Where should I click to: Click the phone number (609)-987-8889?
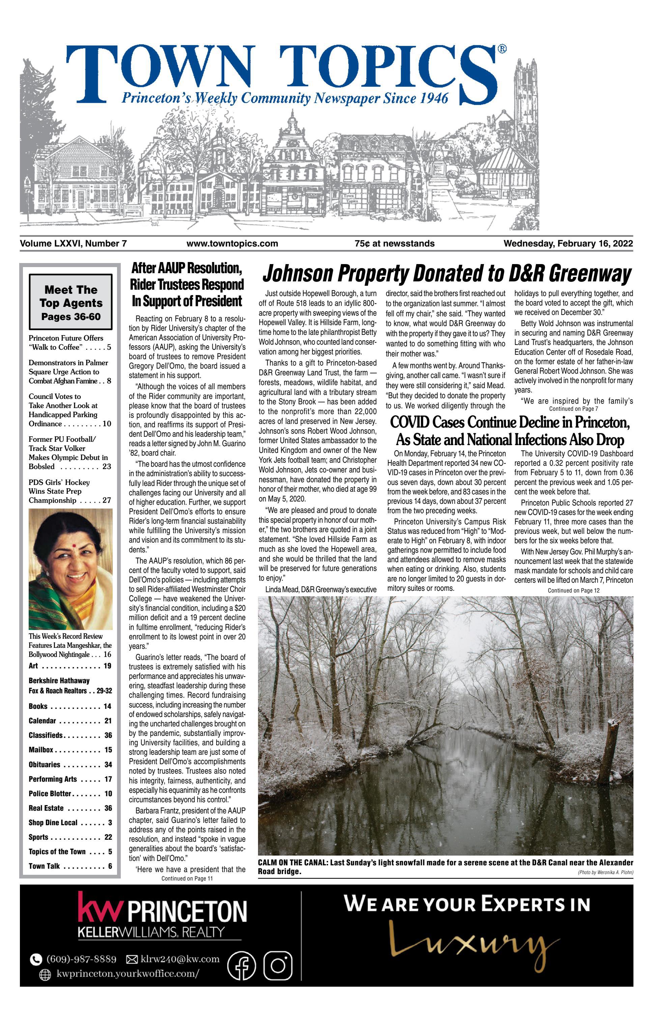[81, 959]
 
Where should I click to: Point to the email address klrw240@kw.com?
[180, 959]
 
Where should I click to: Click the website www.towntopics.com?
[232, 243]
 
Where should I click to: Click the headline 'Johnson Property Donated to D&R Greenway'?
[447, 273]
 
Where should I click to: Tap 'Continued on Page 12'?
[573, 590]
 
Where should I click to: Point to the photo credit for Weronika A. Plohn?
[605, 872]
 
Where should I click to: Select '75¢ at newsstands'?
[394, 243]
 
